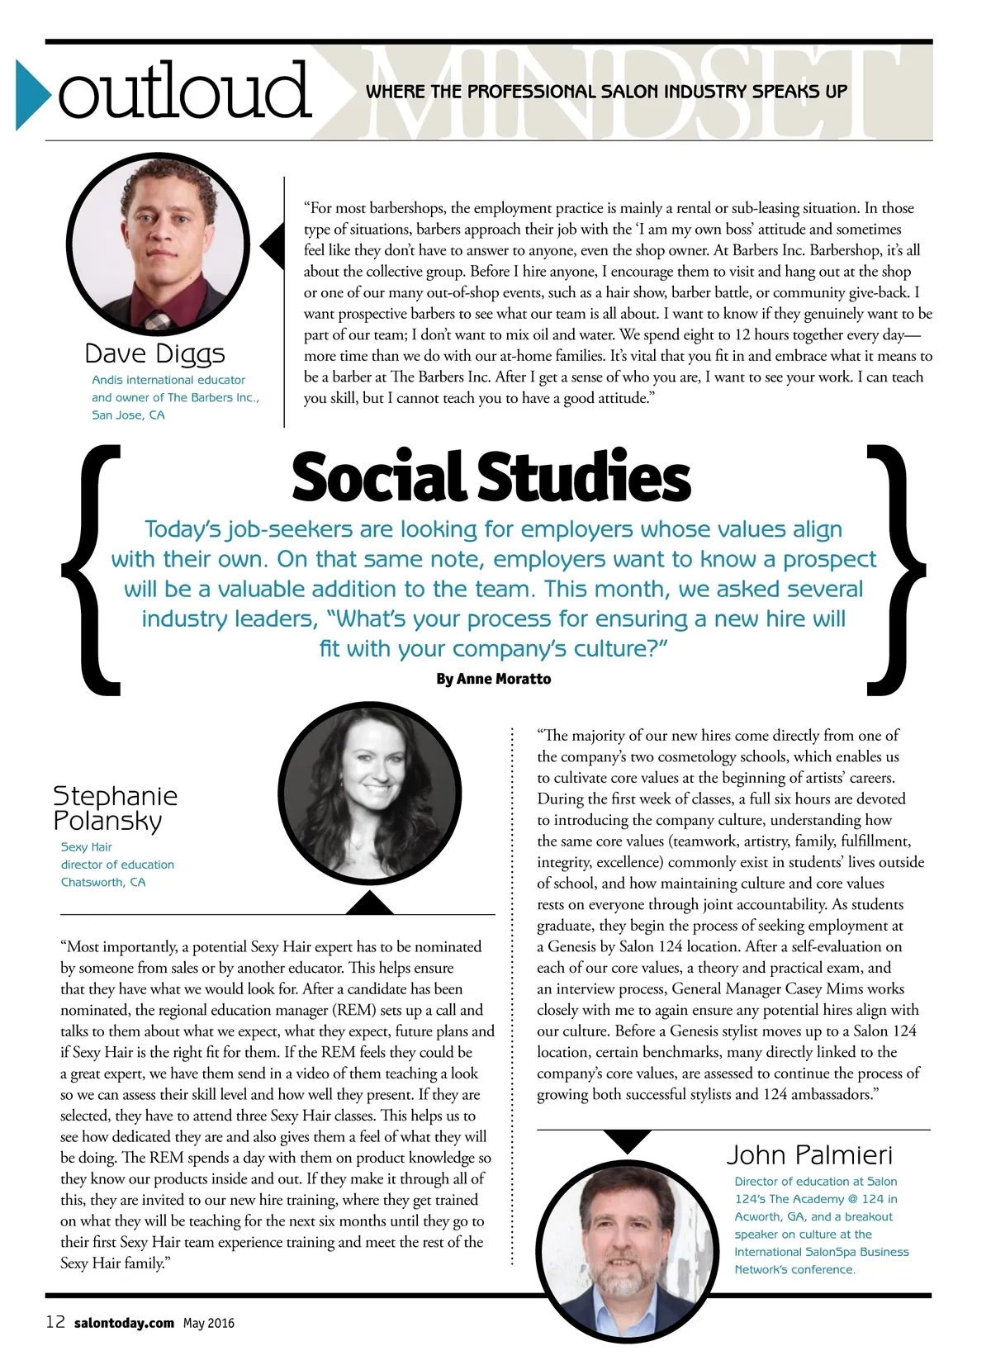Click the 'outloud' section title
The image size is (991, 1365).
coord(184,91)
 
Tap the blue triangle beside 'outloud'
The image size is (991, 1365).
coord(33,94)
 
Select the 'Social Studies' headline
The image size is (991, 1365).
coord(491,477)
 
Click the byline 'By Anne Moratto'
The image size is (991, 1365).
coord(493,679)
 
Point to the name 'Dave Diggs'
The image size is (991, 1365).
coord(154,353)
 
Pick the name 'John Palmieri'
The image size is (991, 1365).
coord(809,1154)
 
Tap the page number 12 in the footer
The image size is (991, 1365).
coord(55,1322)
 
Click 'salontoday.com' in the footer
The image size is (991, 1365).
coord(124,1323)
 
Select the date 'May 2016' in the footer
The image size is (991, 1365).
coord(209,1323)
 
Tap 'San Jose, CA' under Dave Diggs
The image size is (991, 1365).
coord(128,415)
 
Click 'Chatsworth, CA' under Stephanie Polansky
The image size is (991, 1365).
coord(103,882)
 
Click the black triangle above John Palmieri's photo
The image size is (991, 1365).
coord(628,1140)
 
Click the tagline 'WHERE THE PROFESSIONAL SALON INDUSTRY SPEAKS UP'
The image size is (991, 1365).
coord(607,92)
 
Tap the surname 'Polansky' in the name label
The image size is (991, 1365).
coord(108,821)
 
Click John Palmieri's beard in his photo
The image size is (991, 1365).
coord(627,1277)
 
